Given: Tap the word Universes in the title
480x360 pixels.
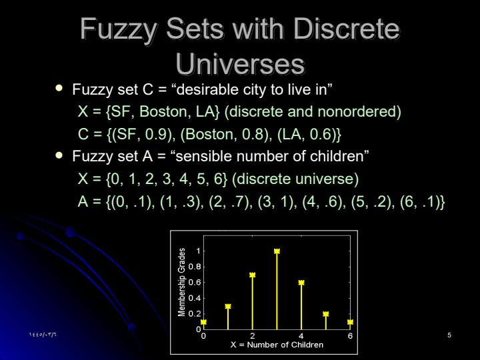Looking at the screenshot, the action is (240, 65).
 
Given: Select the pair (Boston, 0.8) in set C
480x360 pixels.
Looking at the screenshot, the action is (224, 134).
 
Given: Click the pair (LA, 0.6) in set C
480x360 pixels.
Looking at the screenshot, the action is (309, 134).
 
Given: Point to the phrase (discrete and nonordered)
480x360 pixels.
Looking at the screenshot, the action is (313, 111).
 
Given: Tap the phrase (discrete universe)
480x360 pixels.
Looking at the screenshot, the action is (295, 179).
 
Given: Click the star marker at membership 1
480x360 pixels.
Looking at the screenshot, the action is (277, 251).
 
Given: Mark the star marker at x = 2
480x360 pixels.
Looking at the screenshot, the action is (252, 275).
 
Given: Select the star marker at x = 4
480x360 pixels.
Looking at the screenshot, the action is (301, 283).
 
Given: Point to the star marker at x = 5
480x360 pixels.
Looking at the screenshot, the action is (326, 314).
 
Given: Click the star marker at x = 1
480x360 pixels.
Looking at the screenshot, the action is (228, 306).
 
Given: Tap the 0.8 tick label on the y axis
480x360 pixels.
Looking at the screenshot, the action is (195, 267).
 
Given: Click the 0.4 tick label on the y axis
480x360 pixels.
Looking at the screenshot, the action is (195, 298).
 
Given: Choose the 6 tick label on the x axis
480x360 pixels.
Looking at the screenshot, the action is (350, 336).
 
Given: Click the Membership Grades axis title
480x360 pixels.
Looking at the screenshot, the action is (181, 282).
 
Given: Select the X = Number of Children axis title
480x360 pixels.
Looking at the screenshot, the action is (277, 345).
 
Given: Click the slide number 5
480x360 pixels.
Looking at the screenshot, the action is (449, 335).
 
